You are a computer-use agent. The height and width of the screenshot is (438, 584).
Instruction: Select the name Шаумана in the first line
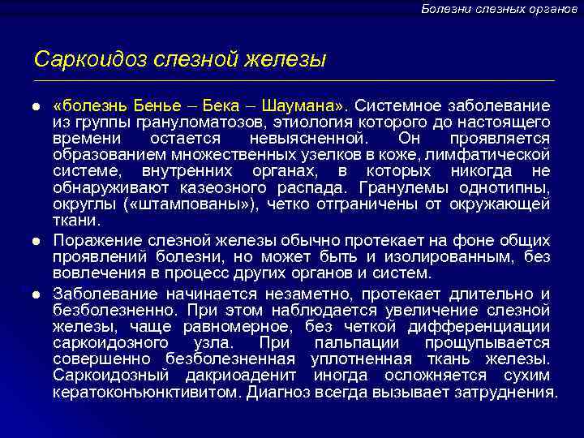point(305,106)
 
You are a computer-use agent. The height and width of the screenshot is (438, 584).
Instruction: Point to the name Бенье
point(148,106)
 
